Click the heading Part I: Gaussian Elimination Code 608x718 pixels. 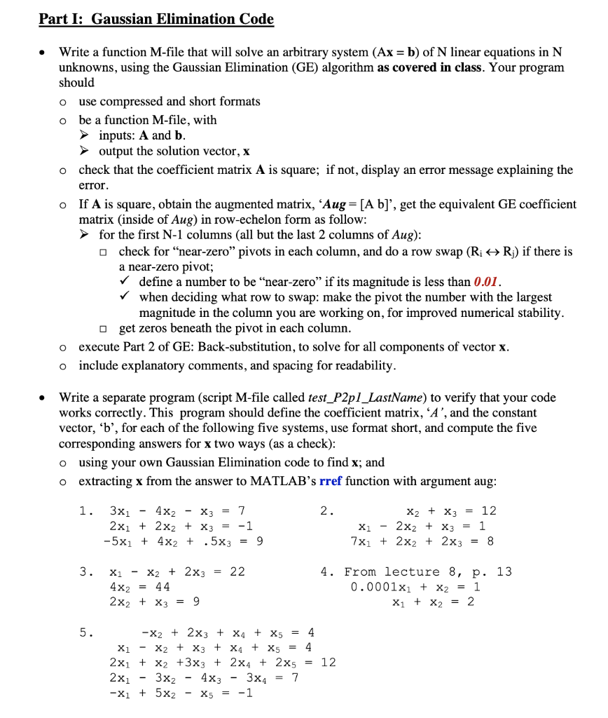pyautogui.click(x=156, y=19)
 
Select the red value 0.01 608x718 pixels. pyautogui.click(x=485, y=282)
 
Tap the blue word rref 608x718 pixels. pyautogui.click(x=331, y=481)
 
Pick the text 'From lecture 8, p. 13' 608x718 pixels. pyautogui.click(x=428, y=571)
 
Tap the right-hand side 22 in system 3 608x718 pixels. pyautogui.click(x=237, y=571)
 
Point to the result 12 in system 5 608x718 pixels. pyautogui.click(x=328, y=662)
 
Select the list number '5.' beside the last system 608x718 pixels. pyautogui.click(x=85, y=632)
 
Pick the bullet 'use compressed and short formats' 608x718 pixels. pyautogui.click(x=169, y=102)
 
